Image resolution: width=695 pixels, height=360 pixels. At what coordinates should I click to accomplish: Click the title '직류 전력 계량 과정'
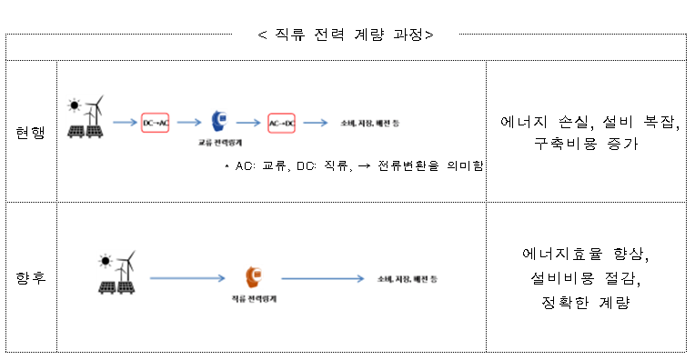coord(346,35)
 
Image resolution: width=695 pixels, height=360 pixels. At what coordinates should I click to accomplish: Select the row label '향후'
coord(30,276)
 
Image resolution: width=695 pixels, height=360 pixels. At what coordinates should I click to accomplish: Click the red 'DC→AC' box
coord(156,121)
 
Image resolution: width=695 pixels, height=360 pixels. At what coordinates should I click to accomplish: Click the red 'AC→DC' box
coord(282,121)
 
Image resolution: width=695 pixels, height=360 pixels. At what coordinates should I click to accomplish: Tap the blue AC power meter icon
coord(219,121)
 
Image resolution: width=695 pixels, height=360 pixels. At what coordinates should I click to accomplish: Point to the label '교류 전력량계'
coord(219,144)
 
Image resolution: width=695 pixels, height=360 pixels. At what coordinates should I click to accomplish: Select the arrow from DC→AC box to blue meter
coord(186,121)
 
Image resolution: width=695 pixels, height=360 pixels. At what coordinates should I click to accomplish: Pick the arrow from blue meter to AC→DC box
coord(249,121)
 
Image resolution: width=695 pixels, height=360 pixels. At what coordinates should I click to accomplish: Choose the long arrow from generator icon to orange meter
coord(188,277)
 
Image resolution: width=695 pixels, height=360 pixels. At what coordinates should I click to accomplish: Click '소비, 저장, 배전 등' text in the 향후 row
coord(407,277)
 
